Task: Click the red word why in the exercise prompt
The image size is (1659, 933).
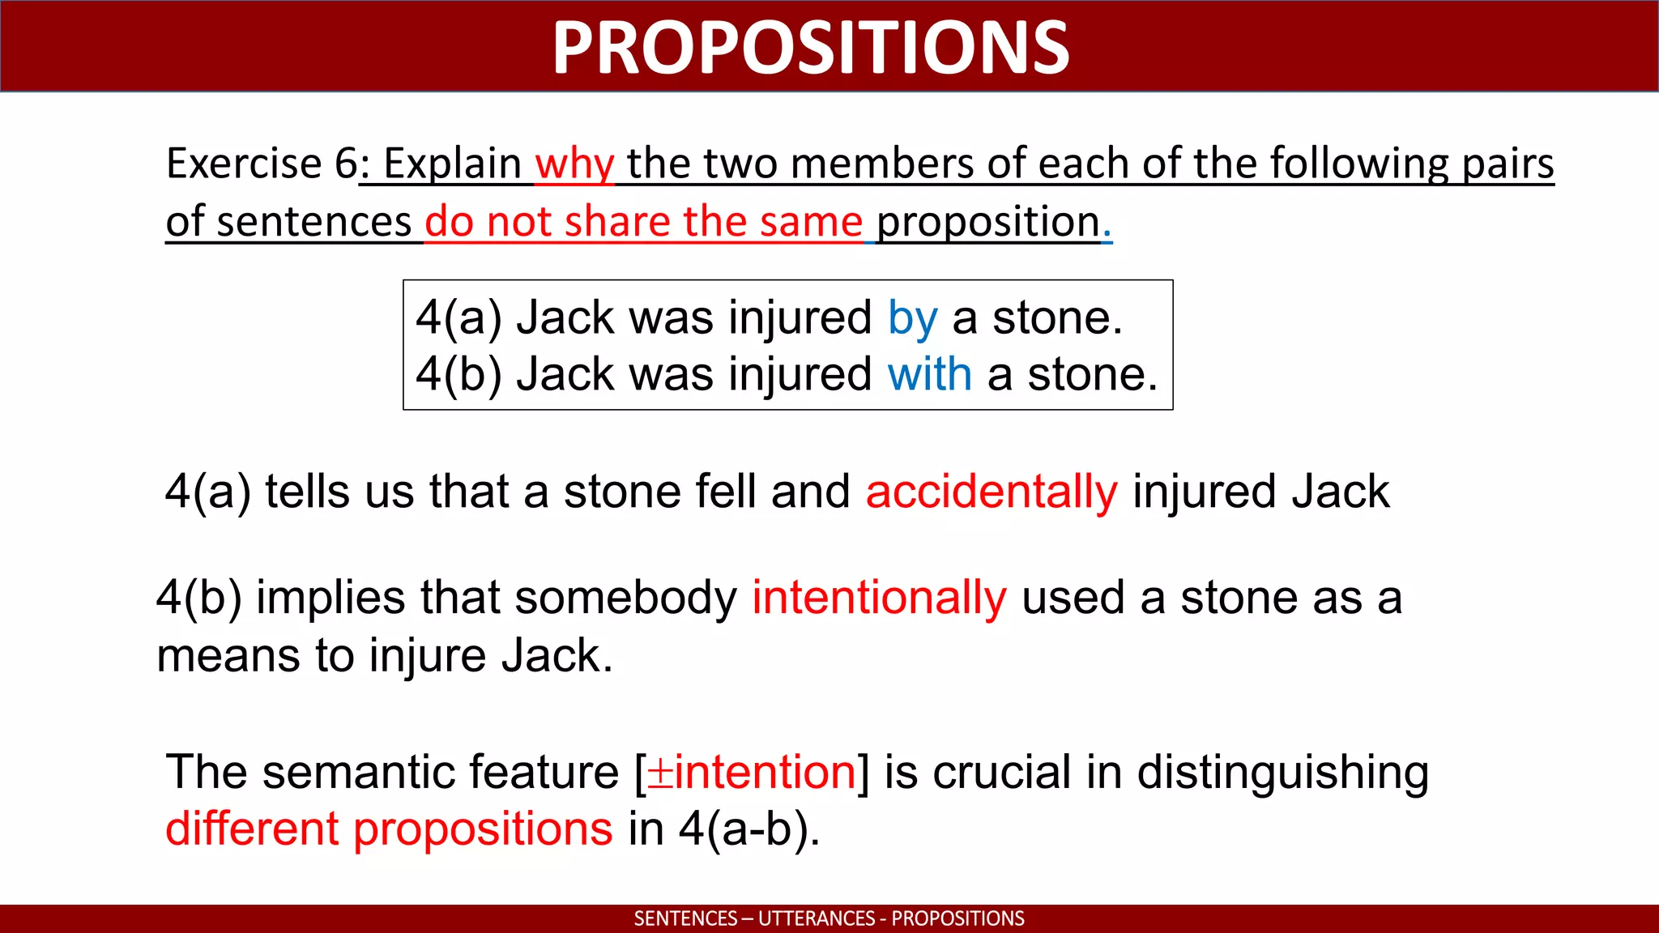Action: (x=574, y=164)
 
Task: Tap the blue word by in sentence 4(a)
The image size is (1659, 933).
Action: (x=912, y=317)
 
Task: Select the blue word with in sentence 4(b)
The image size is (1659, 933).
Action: (x=929, y=375)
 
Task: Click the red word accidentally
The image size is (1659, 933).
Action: (x=992, y=492)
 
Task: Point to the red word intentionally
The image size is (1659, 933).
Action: (x=879, y=598)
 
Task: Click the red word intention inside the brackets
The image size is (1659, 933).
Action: (x=765, y=772)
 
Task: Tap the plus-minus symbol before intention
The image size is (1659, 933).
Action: (x=660, y=773)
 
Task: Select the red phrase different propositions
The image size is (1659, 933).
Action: (x=389, y=829)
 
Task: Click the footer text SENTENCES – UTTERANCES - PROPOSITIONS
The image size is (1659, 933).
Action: (x=829, y=918)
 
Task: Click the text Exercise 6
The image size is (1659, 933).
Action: (x=262, y=164)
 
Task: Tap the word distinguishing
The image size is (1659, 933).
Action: (x=1282, y=772)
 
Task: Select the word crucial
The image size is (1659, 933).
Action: (x=1001, y=772)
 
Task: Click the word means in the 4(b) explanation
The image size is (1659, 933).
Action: (x=228, y=656)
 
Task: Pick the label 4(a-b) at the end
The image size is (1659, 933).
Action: (x=748, y=829)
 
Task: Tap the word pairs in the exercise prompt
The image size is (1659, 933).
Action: (x=1508, y=164)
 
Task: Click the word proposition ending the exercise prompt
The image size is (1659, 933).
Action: (x=988, y=222)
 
